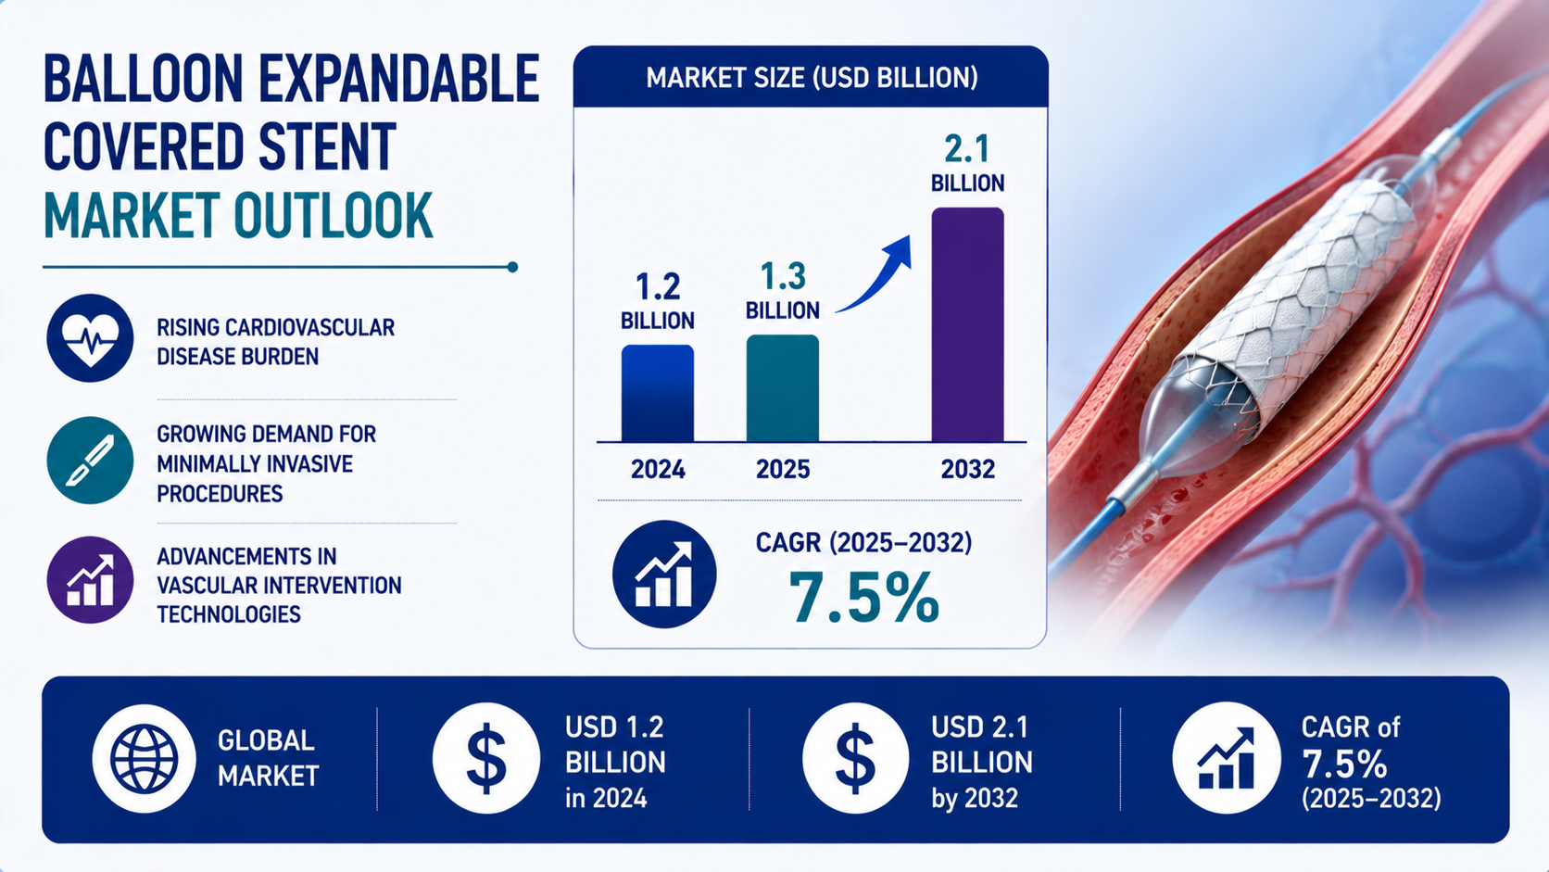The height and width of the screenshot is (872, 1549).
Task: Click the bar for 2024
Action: pyautogui.click(x=658, y=393)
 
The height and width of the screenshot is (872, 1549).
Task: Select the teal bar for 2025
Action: pyautogui.click(x=783, y=388)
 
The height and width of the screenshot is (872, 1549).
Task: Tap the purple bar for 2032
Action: pyautogui.click(x=967, y=324)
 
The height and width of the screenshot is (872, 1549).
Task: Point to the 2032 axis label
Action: pyautogui.click(x=967, y=470)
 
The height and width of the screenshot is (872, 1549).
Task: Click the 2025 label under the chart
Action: pyautogui.click(x=783, y=470)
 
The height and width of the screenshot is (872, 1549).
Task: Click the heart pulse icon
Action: pyautogui.click(x=90, y=338)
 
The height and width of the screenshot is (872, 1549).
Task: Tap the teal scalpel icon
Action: pyautogui.click(x=90, y=460)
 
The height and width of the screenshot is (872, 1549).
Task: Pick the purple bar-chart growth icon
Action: pyautogui.click(x=90, y=580)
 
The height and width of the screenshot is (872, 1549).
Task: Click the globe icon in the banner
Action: pyautogui.click(x=144, y=759)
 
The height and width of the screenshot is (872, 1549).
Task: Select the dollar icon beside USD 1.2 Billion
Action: pyautogui.click(x=486, y=759)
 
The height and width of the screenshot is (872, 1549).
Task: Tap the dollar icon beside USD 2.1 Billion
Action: pyautogui.click(x=855, y=759)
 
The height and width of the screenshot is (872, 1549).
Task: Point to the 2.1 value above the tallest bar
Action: pyautogui.click(x=967, y=149)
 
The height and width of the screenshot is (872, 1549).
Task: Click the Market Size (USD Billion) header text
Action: pyautogui.click(x=812, y=78)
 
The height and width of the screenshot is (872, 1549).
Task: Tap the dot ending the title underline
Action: pyautogui.click(x=512, y=267)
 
